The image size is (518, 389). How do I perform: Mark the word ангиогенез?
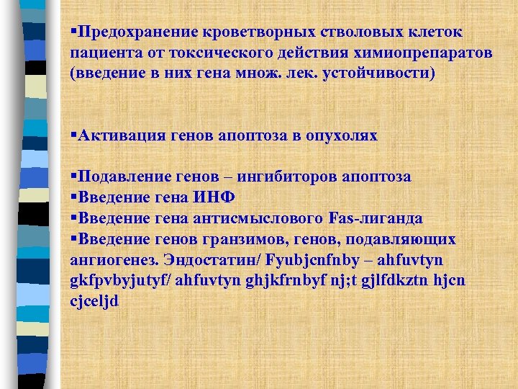tap(112, 259)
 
